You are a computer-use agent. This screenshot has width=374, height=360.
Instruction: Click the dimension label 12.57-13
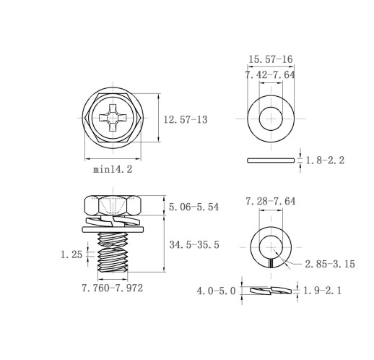(186, 120)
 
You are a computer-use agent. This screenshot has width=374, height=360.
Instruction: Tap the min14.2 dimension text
(113, 169)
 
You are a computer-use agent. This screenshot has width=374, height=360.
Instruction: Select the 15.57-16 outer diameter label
(271, 59)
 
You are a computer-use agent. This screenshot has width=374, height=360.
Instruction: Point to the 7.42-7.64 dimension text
(270, 75)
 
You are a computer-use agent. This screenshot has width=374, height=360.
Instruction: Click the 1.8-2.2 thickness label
(325, 160)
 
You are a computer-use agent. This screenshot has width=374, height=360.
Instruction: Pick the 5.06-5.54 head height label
(193, 207)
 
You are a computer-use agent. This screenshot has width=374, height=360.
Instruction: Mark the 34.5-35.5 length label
(194, 245)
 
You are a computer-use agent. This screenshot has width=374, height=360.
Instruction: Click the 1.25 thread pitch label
(71, 254)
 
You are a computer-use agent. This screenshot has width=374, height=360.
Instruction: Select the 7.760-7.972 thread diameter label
(113, 288)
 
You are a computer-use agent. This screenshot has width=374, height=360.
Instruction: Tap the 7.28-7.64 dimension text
(270, 201)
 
